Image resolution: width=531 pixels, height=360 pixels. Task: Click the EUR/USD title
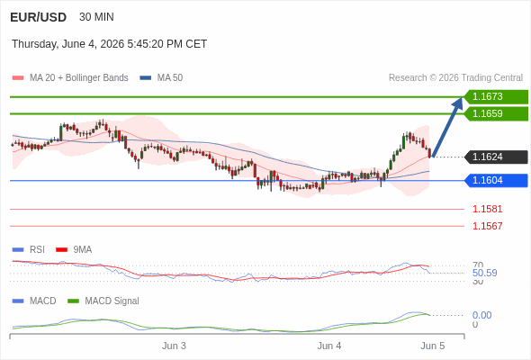pos(39,17)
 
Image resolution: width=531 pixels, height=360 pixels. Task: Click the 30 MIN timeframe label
pos(96,17)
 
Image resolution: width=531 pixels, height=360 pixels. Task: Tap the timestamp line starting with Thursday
pos(110,44)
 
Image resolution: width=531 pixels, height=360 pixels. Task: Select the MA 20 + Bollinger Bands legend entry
pos(70,78)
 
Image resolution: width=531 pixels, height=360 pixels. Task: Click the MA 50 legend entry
pos(161,78)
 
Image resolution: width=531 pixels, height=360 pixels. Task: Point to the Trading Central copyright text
pos(455,78)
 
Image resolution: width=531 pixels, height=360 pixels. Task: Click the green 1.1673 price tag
pos(496,97)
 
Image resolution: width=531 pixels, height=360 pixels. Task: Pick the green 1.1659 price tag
pos(496,113)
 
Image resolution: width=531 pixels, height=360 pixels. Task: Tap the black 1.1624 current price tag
pos(496,157)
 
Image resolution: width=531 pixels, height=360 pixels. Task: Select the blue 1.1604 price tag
pos(496,181)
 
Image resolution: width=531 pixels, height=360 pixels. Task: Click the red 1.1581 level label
pos(487,209)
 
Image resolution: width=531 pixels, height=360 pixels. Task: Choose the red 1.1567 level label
pos(487,226)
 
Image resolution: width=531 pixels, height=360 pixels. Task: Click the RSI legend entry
pos(29,249)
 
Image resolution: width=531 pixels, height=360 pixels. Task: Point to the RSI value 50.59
pos(484,273)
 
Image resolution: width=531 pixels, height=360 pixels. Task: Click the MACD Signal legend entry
pos(103,301)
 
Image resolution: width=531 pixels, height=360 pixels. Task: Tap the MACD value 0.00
pos(481,315)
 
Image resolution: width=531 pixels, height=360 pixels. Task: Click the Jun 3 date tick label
pos(174,346)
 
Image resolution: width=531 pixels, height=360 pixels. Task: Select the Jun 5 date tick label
pos(433,346)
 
